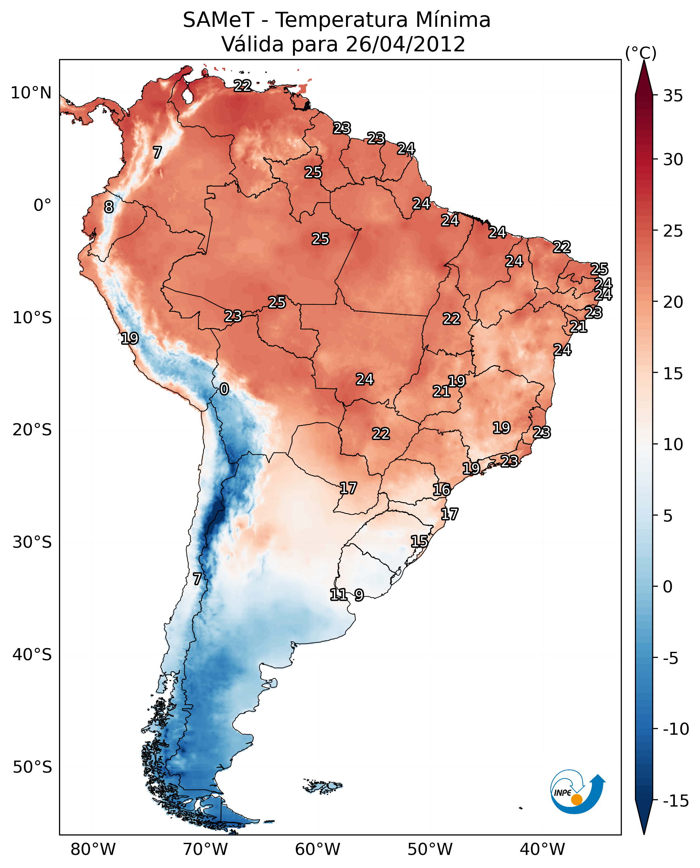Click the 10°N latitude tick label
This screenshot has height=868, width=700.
(31, 93)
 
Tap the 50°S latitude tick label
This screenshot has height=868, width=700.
(32, 767)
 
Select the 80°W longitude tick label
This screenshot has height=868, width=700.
(93, 850)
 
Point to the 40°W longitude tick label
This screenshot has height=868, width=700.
(542, 850)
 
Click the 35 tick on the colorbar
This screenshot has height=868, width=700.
(673, 96)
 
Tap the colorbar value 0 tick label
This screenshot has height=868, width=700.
(668, 587)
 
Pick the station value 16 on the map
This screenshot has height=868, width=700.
(442, 490)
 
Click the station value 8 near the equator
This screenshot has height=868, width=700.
(109, 207)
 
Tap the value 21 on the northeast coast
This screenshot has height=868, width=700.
(578, 327)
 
